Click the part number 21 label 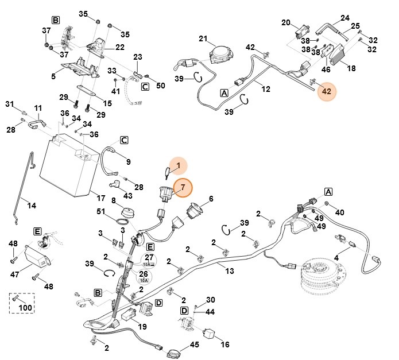203,38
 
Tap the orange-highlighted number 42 326,91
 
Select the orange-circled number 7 183,187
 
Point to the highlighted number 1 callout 179,166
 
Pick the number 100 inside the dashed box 26,308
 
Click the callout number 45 195,344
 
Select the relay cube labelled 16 210,332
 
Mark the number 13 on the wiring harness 230,270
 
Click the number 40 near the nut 340,212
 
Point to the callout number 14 31,205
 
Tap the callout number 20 286,22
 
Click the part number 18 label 351,68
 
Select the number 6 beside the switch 211,199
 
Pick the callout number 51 101,212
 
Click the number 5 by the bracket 53,75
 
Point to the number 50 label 160,86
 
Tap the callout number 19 142,327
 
